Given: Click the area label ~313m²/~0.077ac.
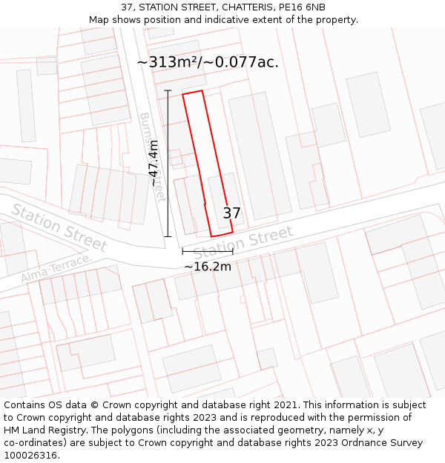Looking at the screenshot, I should coord(208,62).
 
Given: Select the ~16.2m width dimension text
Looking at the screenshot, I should coord(208,266).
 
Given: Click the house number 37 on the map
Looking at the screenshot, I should coord(231,213).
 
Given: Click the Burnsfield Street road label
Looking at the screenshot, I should coord(151,156).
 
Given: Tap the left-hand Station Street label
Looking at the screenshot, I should coord(59,227).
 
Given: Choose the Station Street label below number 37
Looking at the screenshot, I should coord(243,242).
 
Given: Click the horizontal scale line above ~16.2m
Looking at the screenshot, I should coord(208,252).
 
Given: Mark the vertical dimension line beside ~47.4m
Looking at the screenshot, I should coord(168,164).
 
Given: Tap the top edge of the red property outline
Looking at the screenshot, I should coord(193,93).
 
